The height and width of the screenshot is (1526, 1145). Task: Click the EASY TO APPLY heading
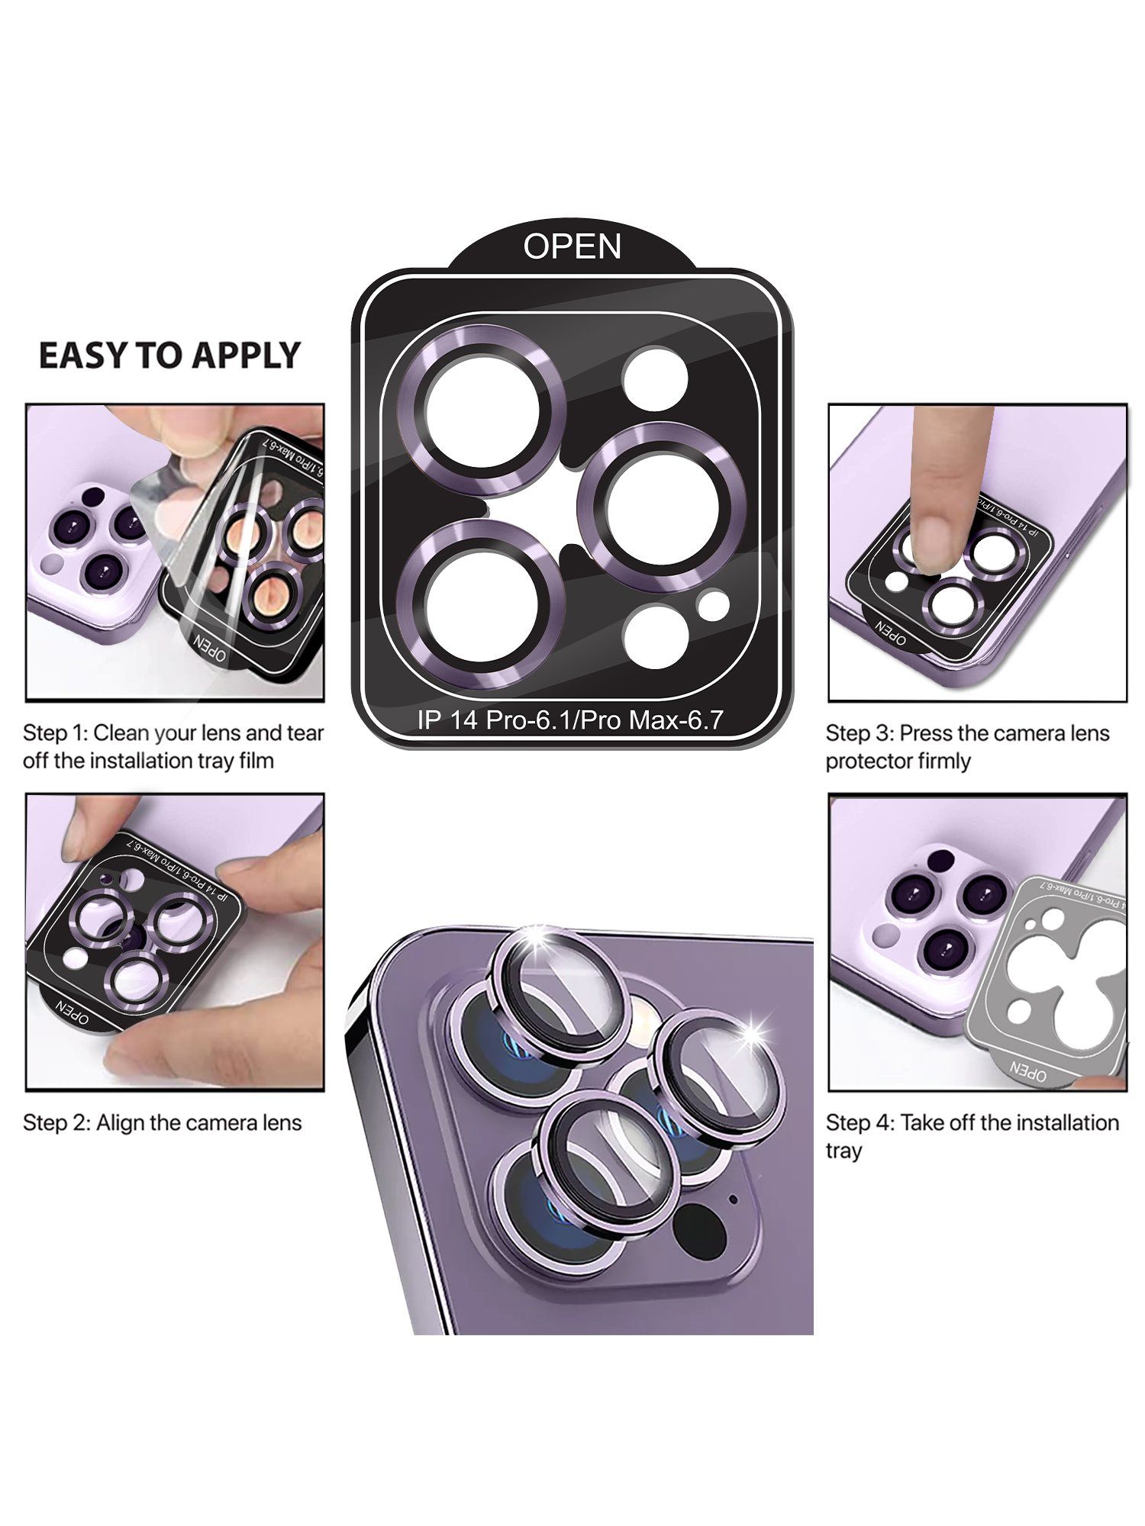tap(169, 356)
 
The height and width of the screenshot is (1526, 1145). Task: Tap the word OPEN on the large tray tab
tap(572, 246)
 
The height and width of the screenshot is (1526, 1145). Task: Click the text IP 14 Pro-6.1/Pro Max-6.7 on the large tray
tap(569, 720)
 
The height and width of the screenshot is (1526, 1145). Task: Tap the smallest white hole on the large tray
tap(714, 604)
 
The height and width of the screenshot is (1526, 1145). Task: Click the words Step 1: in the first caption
tap(55, 733)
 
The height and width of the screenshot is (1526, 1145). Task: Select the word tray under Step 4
tap(843, 1151)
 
